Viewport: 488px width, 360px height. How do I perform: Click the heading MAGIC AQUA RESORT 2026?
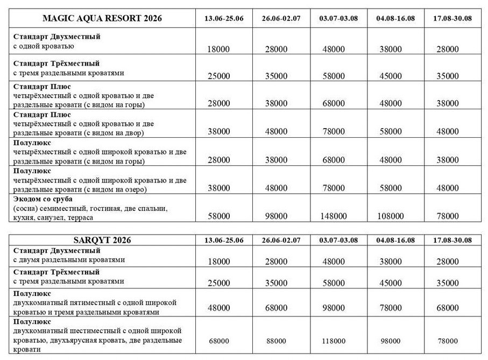click(102, 18)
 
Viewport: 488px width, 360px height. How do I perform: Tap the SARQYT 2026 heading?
click(102, 240)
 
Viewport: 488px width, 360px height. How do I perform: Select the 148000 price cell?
click(334, 216)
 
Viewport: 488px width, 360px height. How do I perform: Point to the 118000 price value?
click(334, 341)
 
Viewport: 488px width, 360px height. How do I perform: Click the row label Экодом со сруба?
click(44, 199)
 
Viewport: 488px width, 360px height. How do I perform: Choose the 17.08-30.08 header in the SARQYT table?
click(449, 240)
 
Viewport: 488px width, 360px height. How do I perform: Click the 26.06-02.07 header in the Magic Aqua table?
click(281, 19)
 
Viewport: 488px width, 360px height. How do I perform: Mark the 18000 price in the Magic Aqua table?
click(218, 49)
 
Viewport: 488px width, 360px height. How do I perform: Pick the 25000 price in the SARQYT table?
click(218, 283)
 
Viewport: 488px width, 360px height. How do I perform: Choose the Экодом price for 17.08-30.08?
click(448, 216)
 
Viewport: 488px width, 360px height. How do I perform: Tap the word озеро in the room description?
click(135, 189)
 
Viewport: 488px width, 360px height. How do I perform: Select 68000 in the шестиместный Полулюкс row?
click(218, 341)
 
